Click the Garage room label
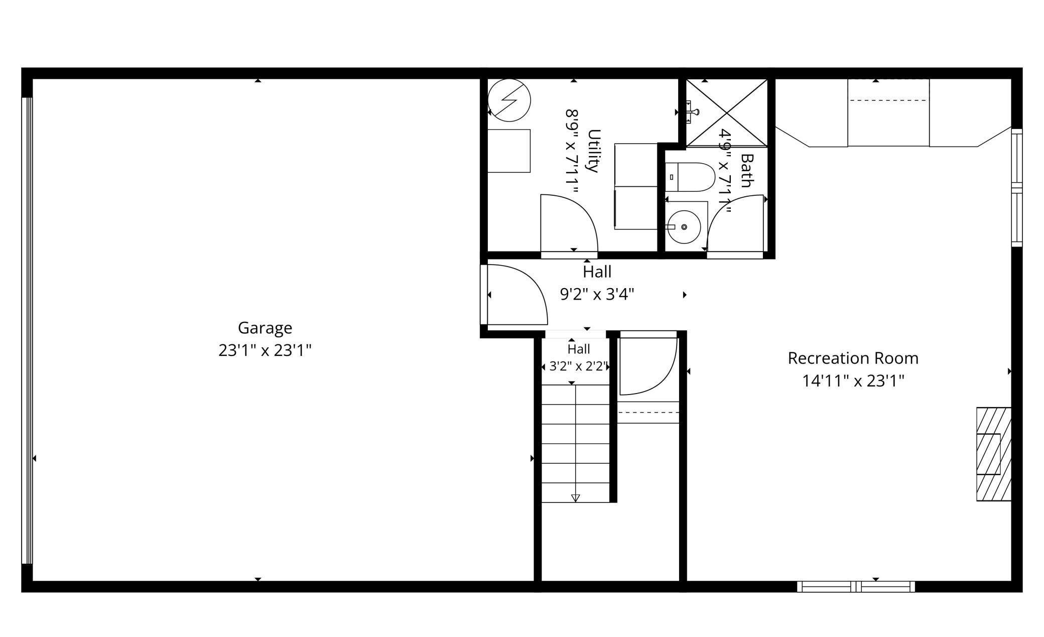(x=265, y=328)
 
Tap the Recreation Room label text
(x=853, y=358)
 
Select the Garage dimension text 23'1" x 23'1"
(x=265, y=350)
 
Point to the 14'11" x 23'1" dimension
(x=853, y=381)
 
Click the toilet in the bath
(x=690, y=177)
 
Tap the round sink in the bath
(x=684, y=227)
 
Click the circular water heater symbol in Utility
(x=509, y=100)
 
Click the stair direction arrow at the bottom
(x=576, y=498)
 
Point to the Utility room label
(x=594, y=151)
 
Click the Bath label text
(x=747, y=171)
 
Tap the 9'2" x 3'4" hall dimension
(x=597, y=294)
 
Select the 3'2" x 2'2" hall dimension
(x=579, y=366)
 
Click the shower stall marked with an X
(x=727, y=113)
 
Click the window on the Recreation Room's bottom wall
(x=856, y=586)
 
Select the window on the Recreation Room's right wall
(x=1017, y=188)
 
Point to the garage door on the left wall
(x=27, y=331)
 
